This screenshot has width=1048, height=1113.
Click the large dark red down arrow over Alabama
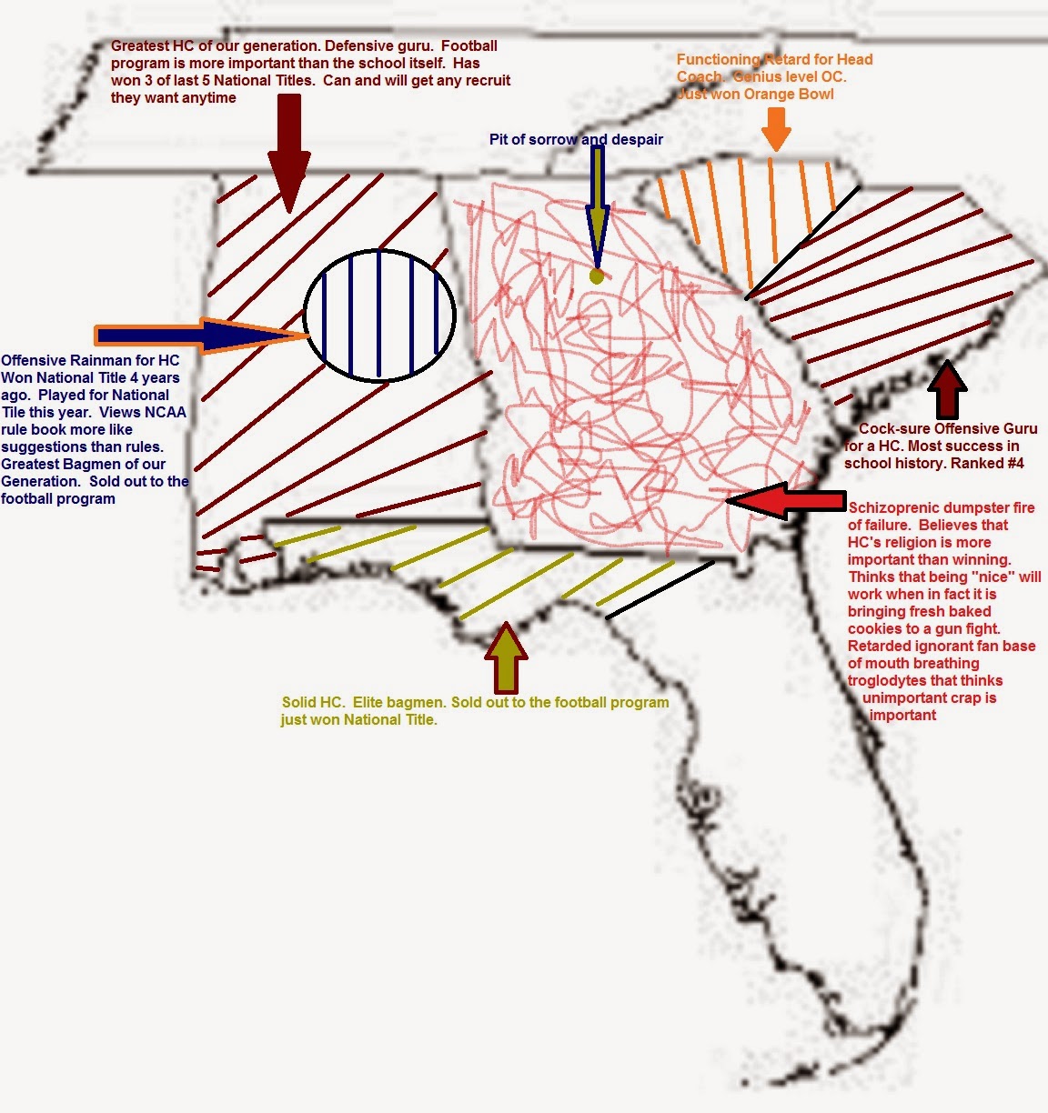tap(288, 153)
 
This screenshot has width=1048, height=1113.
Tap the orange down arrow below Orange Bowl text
tap(776, 129)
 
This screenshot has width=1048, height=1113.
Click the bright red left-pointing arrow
tap(786, 500)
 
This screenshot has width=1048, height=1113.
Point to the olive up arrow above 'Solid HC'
tap(506, 657)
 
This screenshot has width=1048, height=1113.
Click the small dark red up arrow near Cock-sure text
tap(947, 389)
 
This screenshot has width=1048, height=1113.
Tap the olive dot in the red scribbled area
tap(597, 276)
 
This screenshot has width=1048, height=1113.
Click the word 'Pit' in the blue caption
tap(498, 139)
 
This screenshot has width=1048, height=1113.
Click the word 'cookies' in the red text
tap(872, 629)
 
